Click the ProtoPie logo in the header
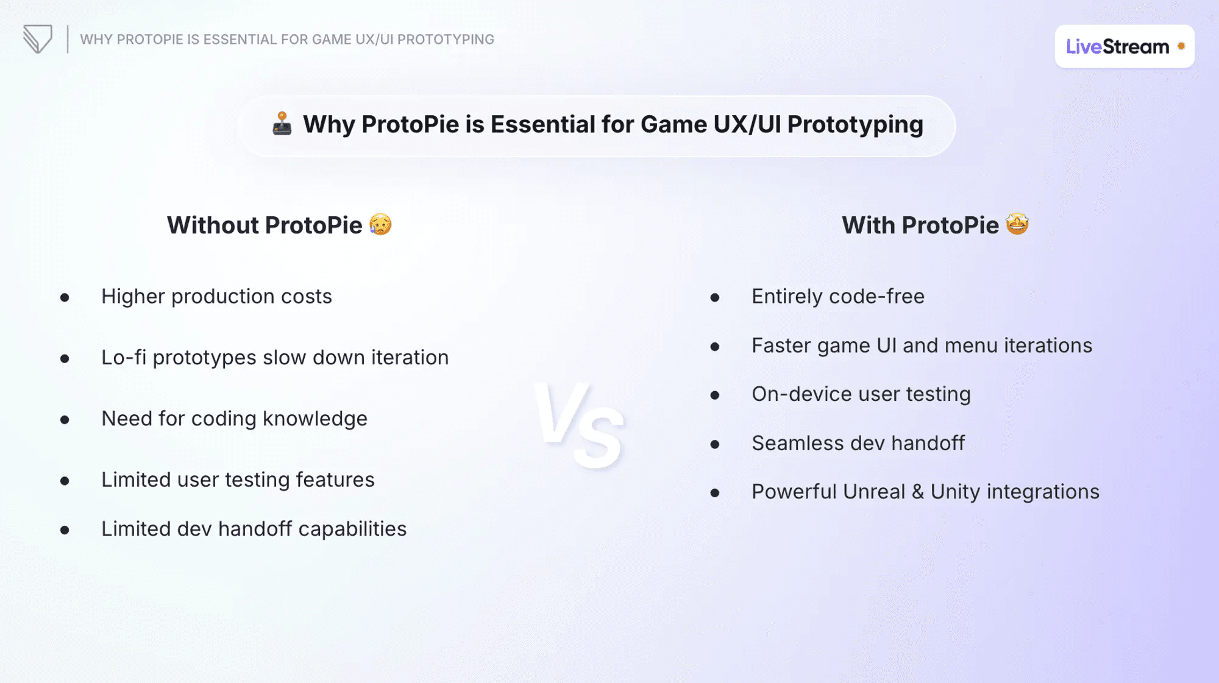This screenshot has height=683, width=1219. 38,39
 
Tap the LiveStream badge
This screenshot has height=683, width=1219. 1125,46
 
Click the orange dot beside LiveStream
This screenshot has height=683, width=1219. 1181,46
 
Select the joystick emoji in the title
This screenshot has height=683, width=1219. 282,124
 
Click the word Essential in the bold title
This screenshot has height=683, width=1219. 542,124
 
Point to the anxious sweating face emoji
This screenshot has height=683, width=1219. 380,224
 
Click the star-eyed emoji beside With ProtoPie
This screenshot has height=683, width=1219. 1017,224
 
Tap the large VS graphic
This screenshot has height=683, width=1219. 579,425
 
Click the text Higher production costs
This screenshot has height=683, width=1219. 216,297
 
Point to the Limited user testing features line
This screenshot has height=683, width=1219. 238,480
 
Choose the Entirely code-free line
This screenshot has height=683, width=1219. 838,297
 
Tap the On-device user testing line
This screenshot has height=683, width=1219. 861,395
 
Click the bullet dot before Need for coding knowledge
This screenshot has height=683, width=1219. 65,420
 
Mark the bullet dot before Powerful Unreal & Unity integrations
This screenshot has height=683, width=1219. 715,493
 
